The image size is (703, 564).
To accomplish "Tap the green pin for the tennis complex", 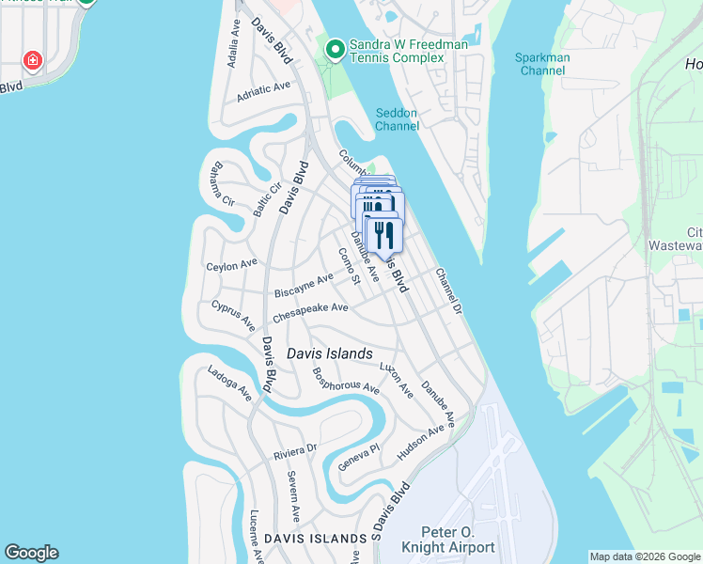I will tap(334, 48).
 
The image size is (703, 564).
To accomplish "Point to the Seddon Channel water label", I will tap(396, 119).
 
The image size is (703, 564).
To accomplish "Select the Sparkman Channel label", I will tap(542, 64).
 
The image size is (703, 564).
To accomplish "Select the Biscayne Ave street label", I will tap(304, 286).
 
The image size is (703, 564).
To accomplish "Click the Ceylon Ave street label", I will tap(231, 266).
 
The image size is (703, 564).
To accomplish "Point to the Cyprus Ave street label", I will tap(233, 316).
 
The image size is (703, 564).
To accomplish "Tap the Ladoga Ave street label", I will tap(230, 383).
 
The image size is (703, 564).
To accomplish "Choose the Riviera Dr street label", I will tap(296, 452).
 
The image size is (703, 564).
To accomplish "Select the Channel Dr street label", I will tap(449, 291).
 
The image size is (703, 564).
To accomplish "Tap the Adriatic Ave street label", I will tap(264, 89).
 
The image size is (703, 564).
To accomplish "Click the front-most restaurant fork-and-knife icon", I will tap(383, 235).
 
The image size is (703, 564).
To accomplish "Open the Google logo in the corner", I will tap(31, 553).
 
